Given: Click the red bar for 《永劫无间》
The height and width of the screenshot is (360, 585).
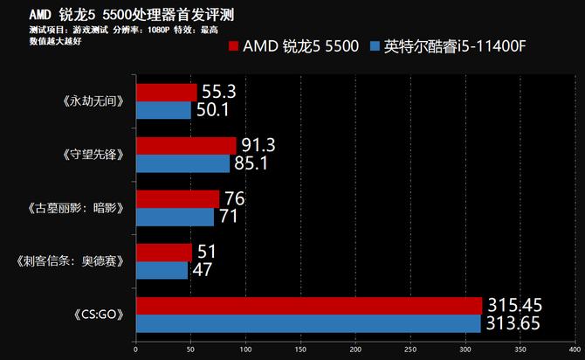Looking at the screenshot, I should [x=166, y=93].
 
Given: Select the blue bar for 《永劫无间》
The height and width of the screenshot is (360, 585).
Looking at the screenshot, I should [x=163, y=110].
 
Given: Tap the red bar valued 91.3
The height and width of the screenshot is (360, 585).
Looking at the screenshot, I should [x=185, y=145].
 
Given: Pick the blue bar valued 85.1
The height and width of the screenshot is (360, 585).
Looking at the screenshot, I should [x=182, y=163].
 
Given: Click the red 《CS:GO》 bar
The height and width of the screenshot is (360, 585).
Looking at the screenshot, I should [x=308, y=305].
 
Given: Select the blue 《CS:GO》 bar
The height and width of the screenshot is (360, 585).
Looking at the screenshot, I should [x=307, y=323].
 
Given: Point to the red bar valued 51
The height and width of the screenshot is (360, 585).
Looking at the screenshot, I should [x=163, y=253].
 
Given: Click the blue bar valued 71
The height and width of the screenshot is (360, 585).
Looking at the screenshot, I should [x=175, y=217].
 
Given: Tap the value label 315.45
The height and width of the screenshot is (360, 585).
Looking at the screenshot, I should [x=515, y=305].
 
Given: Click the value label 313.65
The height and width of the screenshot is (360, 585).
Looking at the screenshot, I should [x=515, y=324].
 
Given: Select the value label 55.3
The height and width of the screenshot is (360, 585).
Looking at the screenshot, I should [x=219, y=91].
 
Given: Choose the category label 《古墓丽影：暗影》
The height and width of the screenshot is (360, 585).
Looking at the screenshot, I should [x=75, y=209].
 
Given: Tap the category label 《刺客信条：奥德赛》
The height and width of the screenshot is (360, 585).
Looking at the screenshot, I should [x=69, y=261].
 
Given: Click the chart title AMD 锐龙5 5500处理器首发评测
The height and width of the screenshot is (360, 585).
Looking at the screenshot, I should [x=132, y=16].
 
